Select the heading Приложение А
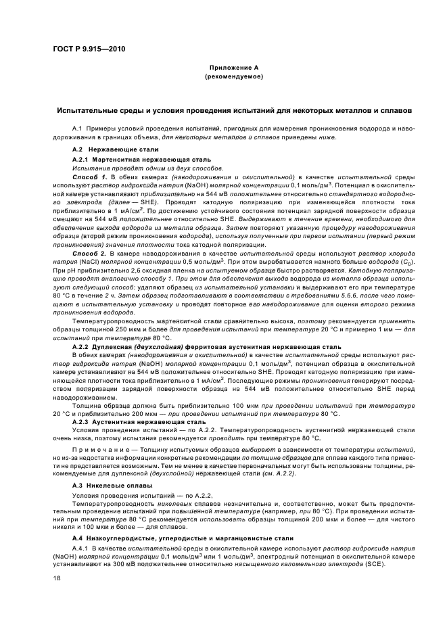click(x=234, y=68)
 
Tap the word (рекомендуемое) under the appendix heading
click(x=234, y=77)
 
